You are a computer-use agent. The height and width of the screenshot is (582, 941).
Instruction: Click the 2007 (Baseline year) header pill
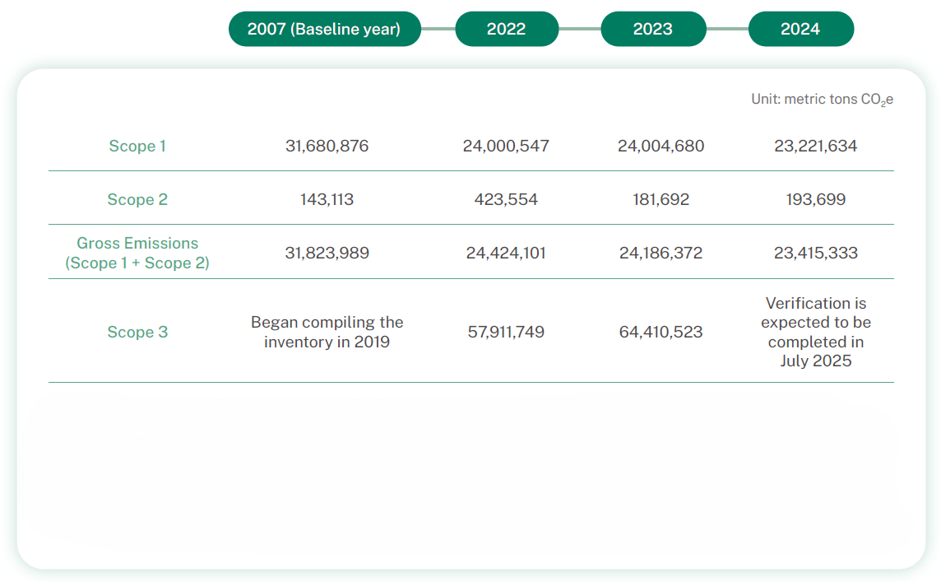point(324,29)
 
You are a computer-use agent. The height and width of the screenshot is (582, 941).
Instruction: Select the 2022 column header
point(506,29)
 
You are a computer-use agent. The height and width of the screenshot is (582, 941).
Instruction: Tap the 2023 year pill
point(652,29)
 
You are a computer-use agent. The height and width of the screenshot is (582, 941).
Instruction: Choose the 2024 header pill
point(800,29)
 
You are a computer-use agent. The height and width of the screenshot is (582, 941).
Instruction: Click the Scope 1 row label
point(137,147)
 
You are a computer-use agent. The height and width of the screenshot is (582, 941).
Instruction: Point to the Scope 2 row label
point(137,200)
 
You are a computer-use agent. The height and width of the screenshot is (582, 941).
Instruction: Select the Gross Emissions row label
point(137,254)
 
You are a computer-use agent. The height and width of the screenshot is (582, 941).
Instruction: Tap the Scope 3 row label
point(137,333)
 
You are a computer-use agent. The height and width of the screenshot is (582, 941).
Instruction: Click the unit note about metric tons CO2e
point(822,100)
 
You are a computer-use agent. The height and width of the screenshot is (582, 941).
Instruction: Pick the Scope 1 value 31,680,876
point(327,147)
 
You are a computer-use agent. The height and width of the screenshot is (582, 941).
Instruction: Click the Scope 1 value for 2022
point(506,147)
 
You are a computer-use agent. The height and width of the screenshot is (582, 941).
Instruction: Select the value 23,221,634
point(815,147)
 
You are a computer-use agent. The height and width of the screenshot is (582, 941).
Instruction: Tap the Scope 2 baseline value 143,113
point(327,200)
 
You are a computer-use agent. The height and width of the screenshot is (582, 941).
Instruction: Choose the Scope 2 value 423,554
point(506,200)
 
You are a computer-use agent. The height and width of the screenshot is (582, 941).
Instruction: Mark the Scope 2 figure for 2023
point(661,200)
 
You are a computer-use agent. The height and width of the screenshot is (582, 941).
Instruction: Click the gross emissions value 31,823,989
point(327,254)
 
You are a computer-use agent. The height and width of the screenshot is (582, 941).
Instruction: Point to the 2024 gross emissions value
point(815,254)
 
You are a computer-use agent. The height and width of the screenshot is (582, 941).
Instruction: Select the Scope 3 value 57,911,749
point(506,333)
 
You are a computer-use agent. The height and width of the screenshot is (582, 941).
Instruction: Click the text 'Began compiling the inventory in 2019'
point(327,332)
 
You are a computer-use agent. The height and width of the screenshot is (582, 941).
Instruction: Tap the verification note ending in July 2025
point(815,332)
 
